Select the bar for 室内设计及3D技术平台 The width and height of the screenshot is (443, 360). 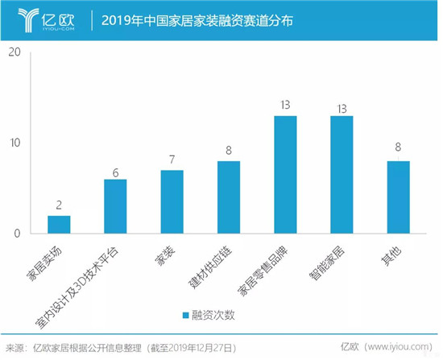pyautogui.click(x=115, y=206)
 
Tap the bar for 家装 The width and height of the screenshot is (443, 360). pyautogui.click(x=172, y=202)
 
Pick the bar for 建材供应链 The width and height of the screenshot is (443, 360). pyautogui.click(x=229, y=197)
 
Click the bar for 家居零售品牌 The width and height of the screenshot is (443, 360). pyautogui.click(x=285, y=175)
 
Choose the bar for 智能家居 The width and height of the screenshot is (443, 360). pyautogui.click(x=342, y=175)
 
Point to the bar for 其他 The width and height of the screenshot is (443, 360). pyautogui.click(x=398, y=197)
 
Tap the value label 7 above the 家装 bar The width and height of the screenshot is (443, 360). pyautogui.click(x=172, y=160)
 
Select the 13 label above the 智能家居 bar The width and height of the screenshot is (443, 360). pyautogui.click(x=342, y=106)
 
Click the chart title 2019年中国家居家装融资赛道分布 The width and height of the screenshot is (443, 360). pyautogui.click(x=197, y=19)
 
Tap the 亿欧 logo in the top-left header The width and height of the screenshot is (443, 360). pyautogui.click(x=44, y=19)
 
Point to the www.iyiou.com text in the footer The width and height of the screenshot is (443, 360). pyautogui.click(x=391, y=348)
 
